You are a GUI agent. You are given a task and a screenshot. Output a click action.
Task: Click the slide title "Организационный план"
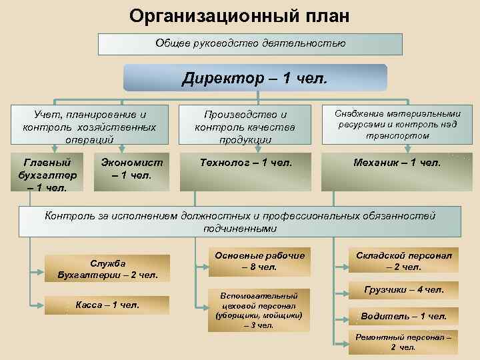239,15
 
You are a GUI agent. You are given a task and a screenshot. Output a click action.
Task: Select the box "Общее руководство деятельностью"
250,44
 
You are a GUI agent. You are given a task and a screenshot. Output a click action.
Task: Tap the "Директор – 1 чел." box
255,78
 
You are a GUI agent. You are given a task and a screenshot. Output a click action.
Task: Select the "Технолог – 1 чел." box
246,161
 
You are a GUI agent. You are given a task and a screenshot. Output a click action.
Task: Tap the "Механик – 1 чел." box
398,161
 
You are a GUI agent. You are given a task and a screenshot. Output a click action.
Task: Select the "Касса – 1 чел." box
107,305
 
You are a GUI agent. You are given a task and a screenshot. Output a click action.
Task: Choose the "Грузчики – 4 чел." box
403,290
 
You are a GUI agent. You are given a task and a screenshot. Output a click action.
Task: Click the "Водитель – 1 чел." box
403,316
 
